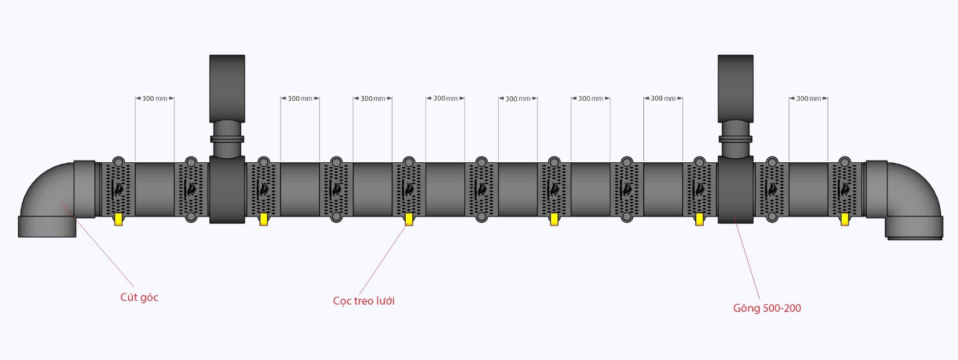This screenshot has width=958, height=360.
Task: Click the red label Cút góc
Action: pyautogui.click(x=139, y=297)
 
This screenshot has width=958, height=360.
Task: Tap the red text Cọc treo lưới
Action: pyautogui.click(x=364, y=301)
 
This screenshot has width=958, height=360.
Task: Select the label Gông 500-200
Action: pyautogui.click(x=767, y=308)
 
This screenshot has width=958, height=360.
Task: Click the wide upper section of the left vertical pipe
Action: pyautogui.click(x=227, y=88)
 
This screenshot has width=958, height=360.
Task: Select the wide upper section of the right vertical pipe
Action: pyautogui.click(x=736, y=88)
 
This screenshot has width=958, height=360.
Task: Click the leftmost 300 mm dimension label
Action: pyautogui.click(x=154, y=99)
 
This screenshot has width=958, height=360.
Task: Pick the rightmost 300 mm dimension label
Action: pyautogui.click(x=808, y=99)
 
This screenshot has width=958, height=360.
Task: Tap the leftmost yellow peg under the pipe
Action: pyautogui.click(x=119, y=220)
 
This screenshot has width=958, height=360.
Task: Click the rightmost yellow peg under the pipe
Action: pyautogui.click(x=845, y=220)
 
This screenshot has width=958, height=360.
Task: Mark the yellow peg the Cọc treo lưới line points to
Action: pyautogui.click(x=409, y=220)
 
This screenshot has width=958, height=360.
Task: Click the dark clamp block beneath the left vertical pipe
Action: pyautogui.click(x=227, y=190)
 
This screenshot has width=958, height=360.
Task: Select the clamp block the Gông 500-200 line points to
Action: pyautogui.click(x=736, y=190)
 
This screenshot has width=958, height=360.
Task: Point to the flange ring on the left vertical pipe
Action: pyautogui.click(x=227, y=139)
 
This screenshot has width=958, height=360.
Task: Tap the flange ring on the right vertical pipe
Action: pyautogui.click(x=736, y=139)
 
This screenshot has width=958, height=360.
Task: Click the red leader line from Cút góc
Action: pyautogui.click(x=97, y=245)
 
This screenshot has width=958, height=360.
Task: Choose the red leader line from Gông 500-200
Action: pyautogui.click(x=747, y=258)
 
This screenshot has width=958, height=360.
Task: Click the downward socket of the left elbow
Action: pyautogui.click(x=47, y=227)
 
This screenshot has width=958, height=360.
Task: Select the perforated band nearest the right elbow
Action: pyautogui.click(x=845, y=190)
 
